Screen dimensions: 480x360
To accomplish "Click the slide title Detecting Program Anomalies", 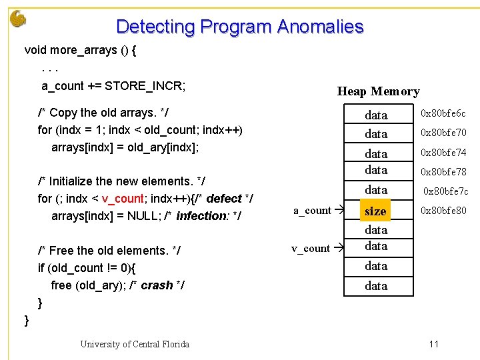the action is coord(240,27).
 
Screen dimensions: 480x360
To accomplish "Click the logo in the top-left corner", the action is coord(18,18).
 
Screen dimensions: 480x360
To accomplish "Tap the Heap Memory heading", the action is coord(378,91).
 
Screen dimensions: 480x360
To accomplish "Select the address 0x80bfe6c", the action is coord(443,114).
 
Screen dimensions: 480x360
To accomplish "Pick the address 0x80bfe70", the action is coord(443,133).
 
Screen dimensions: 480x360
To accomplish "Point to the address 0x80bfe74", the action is coord(443,153).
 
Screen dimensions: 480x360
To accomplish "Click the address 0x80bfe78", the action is coord(443,172).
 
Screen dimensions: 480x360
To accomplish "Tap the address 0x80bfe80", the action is coord(443,211).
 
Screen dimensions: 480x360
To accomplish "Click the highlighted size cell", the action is coord(375,211).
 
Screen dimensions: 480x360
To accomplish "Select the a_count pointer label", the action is coord(312,211).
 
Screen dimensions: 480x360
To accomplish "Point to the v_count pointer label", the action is coord(311,249).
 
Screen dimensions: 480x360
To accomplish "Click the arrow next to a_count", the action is coord(338,211).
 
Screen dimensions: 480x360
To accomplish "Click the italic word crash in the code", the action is coord(157,285).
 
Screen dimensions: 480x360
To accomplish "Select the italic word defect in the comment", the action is coord(224,199).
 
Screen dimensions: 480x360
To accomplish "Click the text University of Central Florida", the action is coord(135,344).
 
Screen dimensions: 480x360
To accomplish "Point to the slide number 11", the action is coord(433,344).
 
